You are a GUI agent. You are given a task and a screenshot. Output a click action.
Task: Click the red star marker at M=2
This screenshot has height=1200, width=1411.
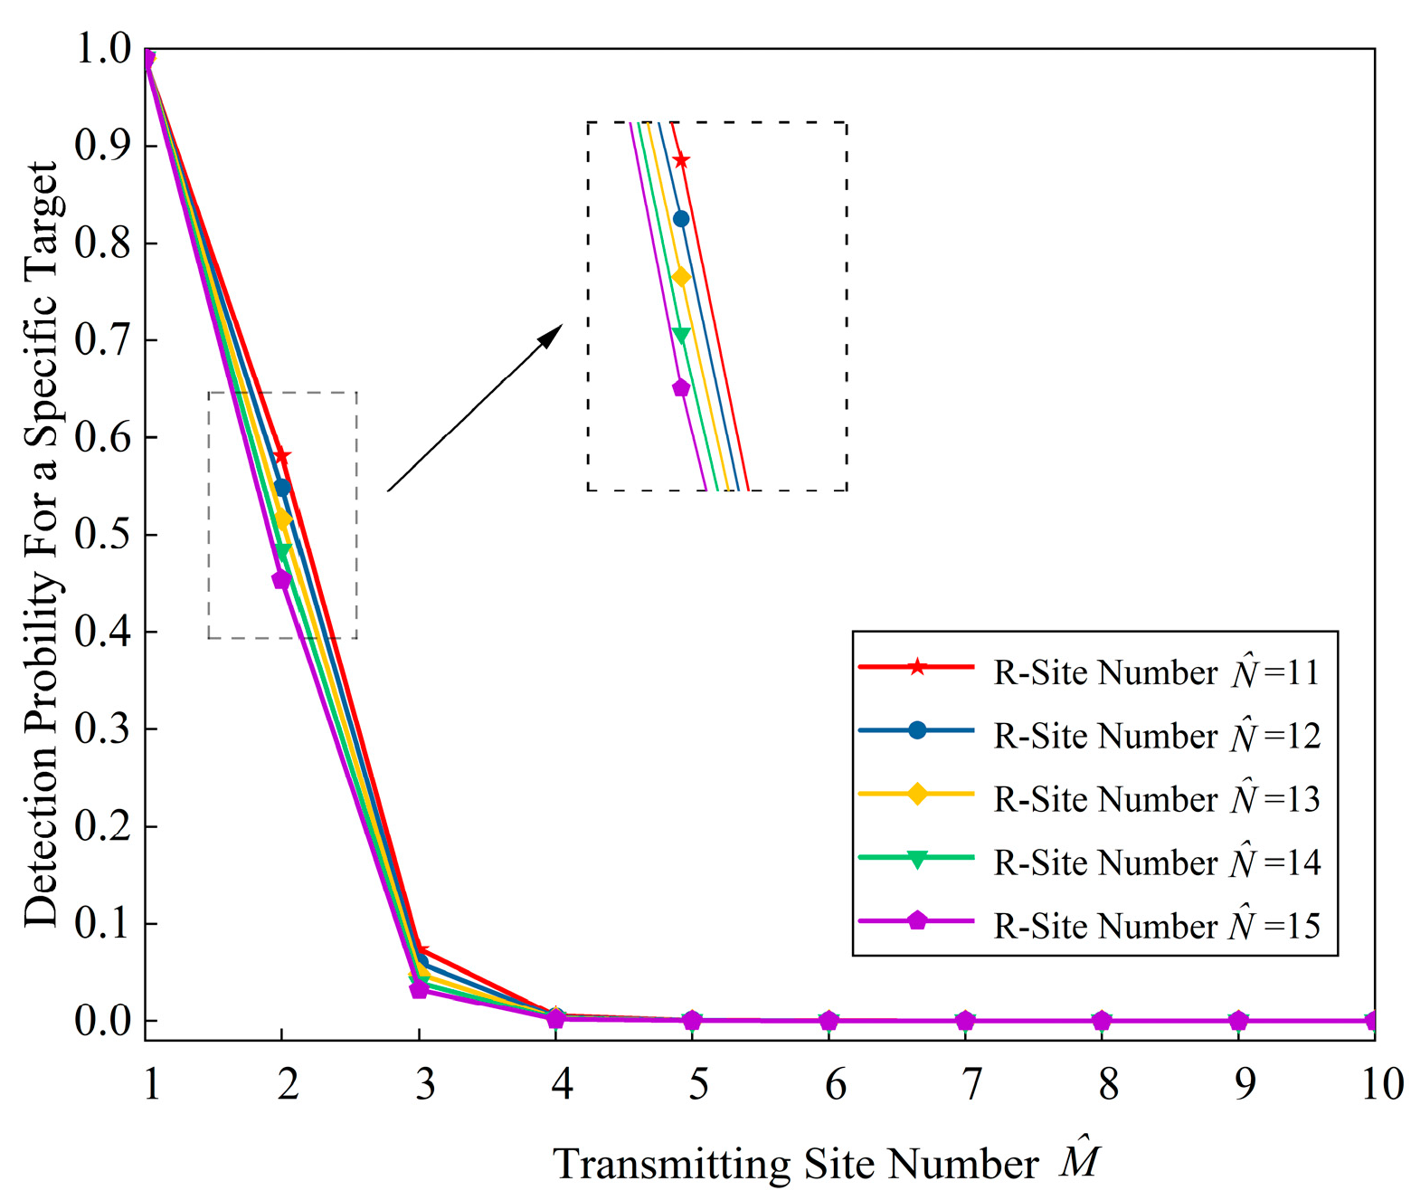[x=282, y=455]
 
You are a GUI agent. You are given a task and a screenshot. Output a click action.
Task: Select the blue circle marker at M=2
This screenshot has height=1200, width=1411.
[x=282, y=488]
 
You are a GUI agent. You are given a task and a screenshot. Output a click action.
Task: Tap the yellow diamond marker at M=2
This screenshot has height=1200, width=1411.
[x=282, y=519]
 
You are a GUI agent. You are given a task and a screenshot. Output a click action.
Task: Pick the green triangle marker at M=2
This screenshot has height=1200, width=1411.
[x=282, y=551]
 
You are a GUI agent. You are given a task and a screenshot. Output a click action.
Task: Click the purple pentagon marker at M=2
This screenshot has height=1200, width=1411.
[x=281, y=579]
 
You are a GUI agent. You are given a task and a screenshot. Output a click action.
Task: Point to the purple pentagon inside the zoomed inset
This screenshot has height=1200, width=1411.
[x=681, y=388]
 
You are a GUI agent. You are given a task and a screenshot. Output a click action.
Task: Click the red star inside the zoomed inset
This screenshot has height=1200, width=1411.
[x=681, y=161]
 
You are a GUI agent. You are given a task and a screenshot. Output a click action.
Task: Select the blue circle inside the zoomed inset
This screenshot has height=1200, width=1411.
[x=681, y=219]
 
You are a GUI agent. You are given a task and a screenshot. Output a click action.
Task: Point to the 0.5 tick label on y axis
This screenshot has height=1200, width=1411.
[x=102, y=535]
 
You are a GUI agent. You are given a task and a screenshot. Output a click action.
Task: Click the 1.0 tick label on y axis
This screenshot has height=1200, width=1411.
[x=102, y=49]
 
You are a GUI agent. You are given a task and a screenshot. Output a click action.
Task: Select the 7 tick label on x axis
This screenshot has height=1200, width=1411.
[x=971, y=1083]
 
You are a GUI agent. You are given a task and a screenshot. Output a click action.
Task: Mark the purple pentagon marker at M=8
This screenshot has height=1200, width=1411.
[x=1101, y=1021]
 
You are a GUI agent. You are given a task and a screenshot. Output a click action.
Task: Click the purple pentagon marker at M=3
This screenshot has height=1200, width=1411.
[x=419, y=989]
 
